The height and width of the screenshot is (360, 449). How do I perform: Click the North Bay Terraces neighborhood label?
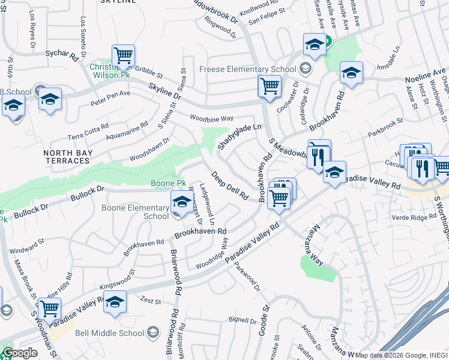tap(67, 157)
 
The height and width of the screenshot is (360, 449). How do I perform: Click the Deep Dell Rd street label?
tap(229, 185)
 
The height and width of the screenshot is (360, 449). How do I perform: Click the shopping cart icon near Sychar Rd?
tap(123, 56)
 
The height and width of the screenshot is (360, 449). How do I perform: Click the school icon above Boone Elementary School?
tap(181, 202)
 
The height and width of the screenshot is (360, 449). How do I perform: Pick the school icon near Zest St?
tap(115, 303)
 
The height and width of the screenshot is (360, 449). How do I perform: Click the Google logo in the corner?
tap(20, 353)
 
